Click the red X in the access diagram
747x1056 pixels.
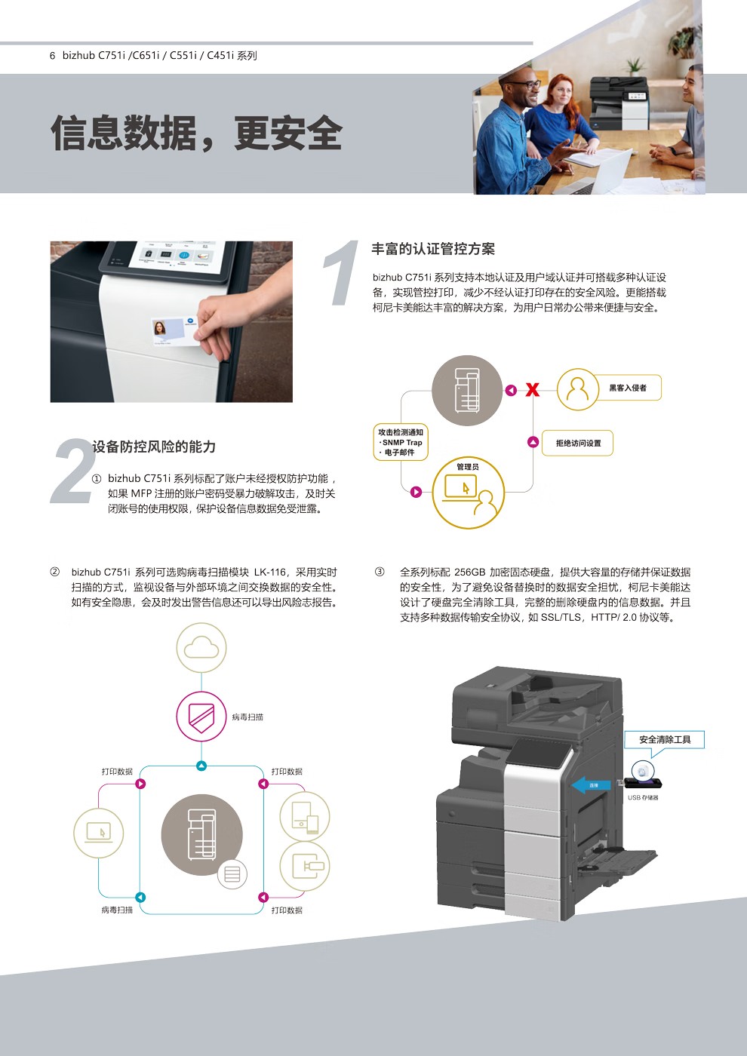(532, 389)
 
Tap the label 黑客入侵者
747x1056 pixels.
(627, 388)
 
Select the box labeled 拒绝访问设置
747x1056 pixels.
(578, 444)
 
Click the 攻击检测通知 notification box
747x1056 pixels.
(401, 442)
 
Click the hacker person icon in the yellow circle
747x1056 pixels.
(577, 389)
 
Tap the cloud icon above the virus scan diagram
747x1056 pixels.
(201, 647)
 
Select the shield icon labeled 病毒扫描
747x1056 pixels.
(201, 717)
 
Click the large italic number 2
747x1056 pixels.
(73, 471)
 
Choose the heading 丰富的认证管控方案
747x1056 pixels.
(433, 249)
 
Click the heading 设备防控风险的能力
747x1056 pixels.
(155, 447)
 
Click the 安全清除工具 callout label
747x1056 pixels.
(664, 739)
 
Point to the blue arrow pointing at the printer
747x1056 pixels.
(591, 785)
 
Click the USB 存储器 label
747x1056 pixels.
(643, 797)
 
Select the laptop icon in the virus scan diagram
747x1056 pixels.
(98, 832)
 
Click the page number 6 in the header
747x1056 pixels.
(52, 55)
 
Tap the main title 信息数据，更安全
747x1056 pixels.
(197, 134)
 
